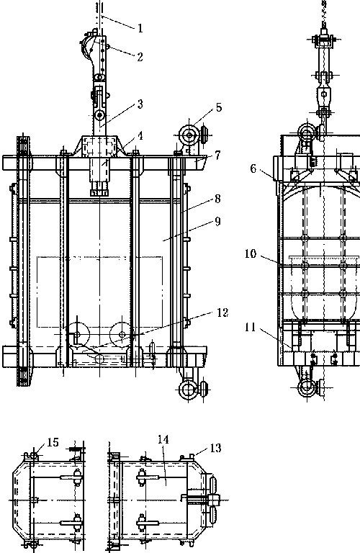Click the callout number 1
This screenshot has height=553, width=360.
pos(140,28)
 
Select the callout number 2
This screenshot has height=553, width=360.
pos(140,57)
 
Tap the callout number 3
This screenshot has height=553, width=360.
pos(140,104)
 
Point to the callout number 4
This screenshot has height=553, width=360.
pos(140,136)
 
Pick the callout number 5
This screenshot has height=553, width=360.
pos(219,107)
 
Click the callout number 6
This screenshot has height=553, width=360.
pos(253,168)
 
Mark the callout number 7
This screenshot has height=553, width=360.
pos(217,155)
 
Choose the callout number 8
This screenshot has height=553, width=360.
pos(217,199)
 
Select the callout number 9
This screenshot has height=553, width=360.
pos(217,222)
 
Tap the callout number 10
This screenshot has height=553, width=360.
pos(251,253)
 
